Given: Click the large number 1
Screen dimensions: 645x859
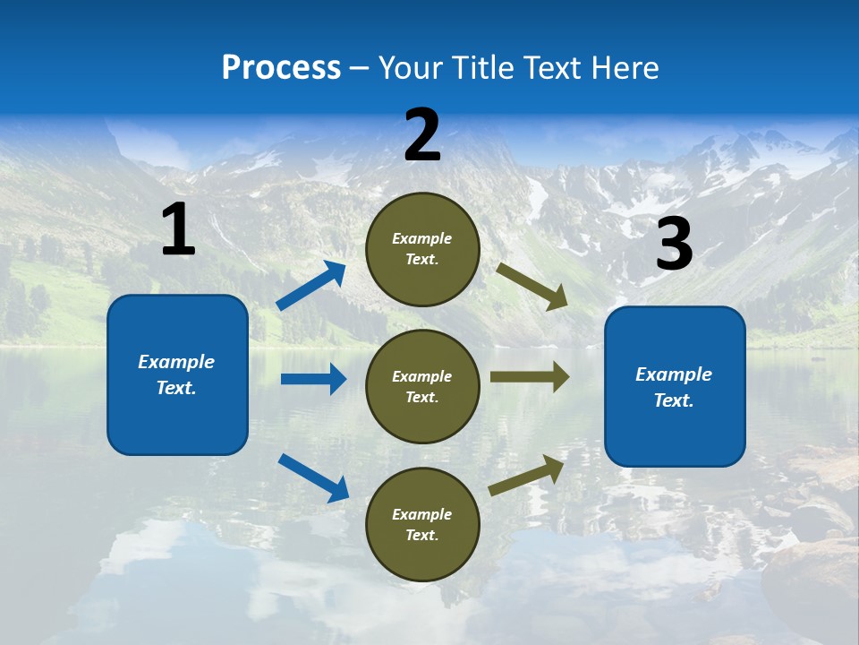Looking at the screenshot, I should [x=178, y=230].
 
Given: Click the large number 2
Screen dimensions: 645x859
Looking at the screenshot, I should [x=422, y=135].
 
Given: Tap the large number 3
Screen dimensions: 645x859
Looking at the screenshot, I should [x=674, y=245].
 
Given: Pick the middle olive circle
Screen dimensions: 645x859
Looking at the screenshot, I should [x=423, y=386].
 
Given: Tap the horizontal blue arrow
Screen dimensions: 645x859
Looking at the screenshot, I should [x=313, y=379].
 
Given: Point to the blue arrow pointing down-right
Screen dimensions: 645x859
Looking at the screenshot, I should [x=313, y=477].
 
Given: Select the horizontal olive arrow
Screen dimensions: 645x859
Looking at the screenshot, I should [x=530, y=377].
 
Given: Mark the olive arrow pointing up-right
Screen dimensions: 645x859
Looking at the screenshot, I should [x=527, y=476].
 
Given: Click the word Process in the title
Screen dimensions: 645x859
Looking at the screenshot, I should [x=281, y=68].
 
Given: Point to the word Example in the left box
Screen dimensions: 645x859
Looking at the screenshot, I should [x=176, y=362].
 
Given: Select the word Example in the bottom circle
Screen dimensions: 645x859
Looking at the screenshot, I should [x=421, y=514].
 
